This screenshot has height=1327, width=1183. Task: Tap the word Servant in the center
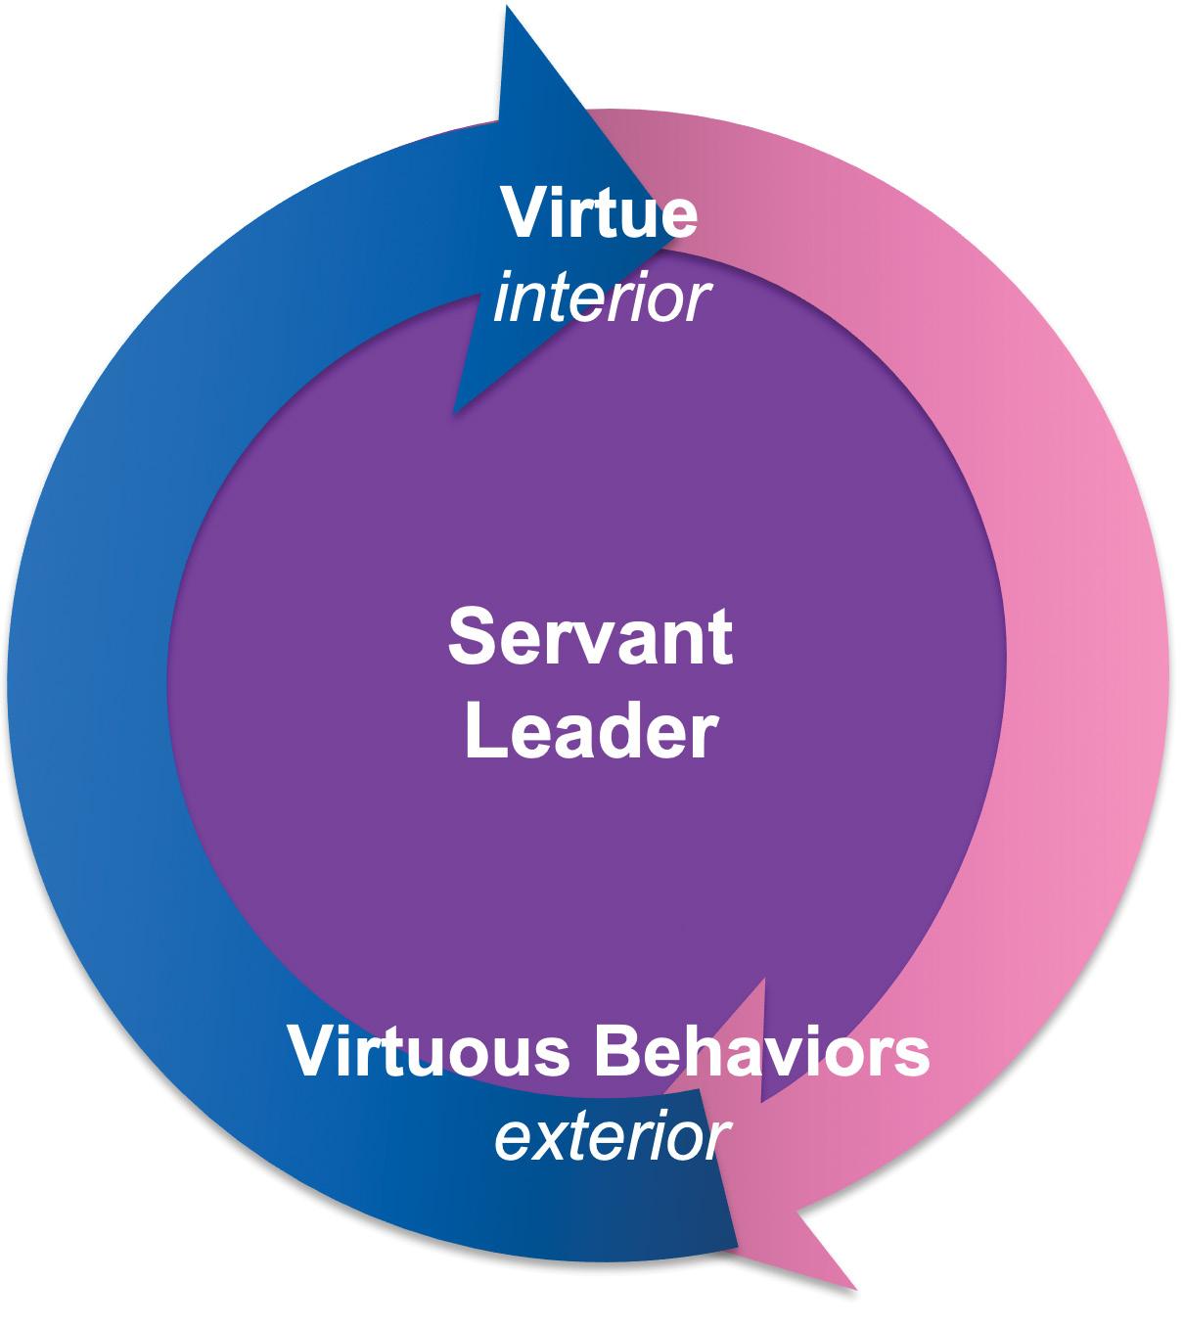(590, 636)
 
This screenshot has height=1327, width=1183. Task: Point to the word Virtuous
(429, 1052)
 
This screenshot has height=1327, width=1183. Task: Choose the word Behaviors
(759, 1052)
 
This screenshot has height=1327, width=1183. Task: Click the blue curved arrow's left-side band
(88, 685)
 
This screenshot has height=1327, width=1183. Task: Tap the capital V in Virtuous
(310, 1052)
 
